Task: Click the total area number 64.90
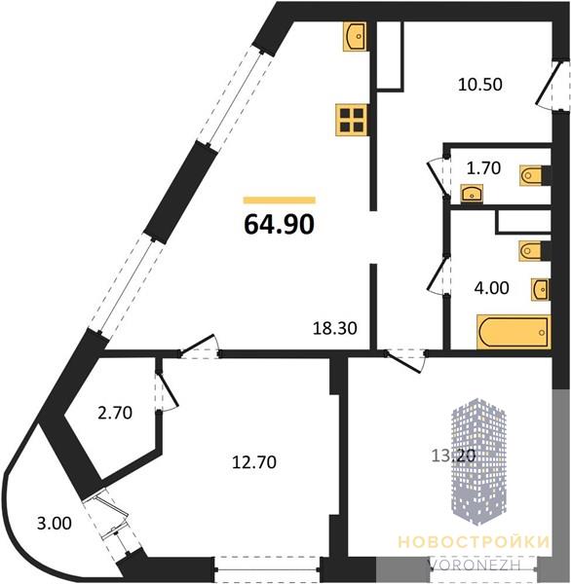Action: (x=279, y=225)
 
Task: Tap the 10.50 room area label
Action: (x=480, y=85)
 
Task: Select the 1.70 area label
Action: (x=483, y=168)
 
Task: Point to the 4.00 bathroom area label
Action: (x=491, y=288)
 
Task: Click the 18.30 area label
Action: (x=335, y=329)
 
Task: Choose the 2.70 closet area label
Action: (x=115, y=413)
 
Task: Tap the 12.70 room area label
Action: (x=254, y=462)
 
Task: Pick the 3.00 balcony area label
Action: (x=55, y=524)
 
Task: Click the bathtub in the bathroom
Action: (x=514, y=332)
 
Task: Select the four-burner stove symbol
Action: (x=352, y=120)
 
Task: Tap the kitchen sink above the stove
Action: (x=355, y=36)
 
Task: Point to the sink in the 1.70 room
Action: (x=472, y=194)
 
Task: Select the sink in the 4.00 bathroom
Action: (x=541, y=289)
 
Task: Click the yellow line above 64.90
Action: (x=280, y=201)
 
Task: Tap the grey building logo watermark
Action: (x=478, y=461)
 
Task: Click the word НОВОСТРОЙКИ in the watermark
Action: (x=474, y=542)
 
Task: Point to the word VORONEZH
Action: (x=476, y=565)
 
